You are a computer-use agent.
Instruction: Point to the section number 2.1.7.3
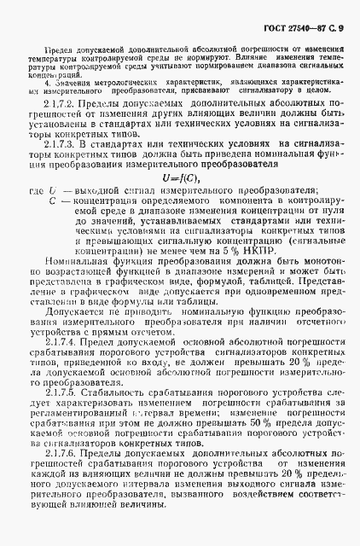[61, 168]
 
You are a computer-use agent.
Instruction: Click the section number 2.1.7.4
[61, 365]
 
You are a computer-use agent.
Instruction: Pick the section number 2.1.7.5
[61, 419]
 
